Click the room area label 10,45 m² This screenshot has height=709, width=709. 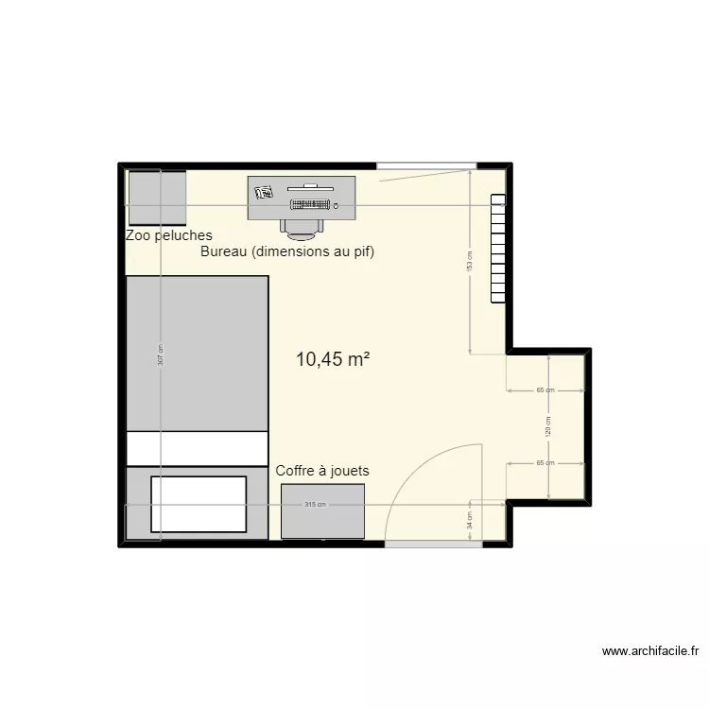332,359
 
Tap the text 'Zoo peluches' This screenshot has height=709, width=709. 169,235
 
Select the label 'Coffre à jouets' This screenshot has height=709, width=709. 322,470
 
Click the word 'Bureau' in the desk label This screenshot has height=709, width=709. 223,252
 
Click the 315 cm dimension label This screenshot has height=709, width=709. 315,505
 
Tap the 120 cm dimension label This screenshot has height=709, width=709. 549,425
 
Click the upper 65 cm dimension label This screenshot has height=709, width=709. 545,389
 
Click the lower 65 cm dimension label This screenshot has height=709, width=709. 545,463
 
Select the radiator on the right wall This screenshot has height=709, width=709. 497,248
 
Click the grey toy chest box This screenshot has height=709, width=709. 323,511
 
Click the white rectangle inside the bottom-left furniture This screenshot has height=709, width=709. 199,504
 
